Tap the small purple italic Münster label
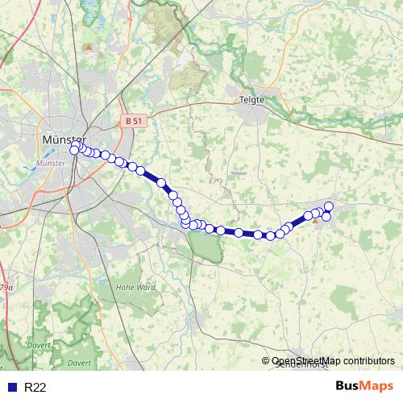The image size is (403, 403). click(51, 163)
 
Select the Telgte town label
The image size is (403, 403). click(251, 100)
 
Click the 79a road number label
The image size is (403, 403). click(6, 288)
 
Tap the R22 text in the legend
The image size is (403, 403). click(35, 388)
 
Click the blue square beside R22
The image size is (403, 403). click(10, 388)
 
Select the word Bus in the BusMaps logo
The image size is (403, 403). click(349, 387)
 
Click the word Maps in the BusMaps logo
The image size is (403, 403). click(378, 387)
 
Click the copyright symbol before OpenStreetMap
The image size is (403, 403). click(266, 362)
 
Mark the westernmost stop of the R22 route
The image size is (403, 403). click(74, 149)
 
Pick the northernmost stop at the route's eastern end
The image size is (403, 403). click(329, 206)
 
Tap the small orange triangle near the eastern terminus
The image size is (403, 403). click(314, 218)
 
